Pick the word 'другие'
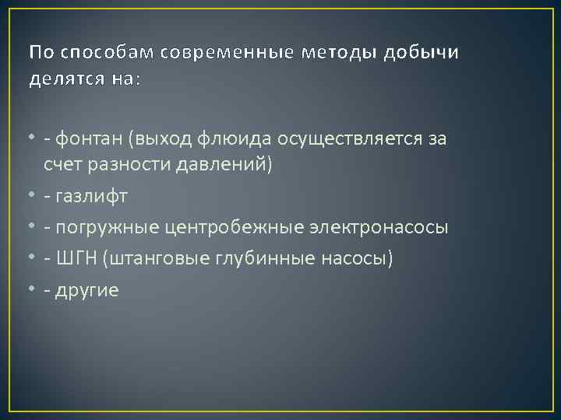pos(91,290)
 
